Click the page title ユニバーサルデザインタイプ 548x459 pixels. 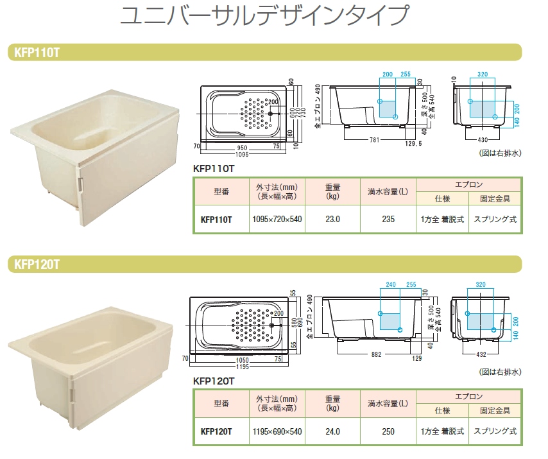point(264,15)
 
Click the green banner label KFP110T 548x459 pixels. point(37,53)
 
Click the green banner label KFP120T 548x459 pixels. point(37,264)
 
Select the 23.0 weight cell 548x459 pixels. point(332,219)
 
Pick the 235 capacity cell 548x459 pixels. point(388,219)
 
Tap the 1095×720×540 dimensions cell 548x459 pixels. point(277,219)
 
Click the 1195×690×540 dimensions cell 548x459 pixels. point(277,431)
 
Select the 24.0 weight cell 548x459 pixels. point(332,431)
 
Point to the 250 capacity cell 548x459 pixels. point(388,431)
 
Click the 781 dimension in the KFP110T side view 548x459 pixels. point(374,140)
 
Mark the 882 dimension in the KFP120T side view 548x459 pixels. point(376,354)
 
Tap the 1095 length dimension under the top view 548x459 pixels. point(242,154)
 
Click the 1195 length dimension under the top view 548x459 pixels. point(242,367)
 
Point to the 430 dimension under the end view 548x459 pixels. point(483,140)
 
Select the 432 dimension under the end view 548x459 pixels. point(481,354)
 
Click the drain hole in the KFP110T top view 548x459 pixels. point(270,114)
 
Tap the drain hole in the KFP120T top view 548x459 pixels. point(272,325)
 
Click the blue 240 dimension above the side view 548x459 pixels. point(390,284)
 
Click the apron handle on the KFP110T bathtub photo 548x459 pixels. point(81,184)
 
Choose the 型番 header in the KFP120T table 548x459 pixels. point(221,403)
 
